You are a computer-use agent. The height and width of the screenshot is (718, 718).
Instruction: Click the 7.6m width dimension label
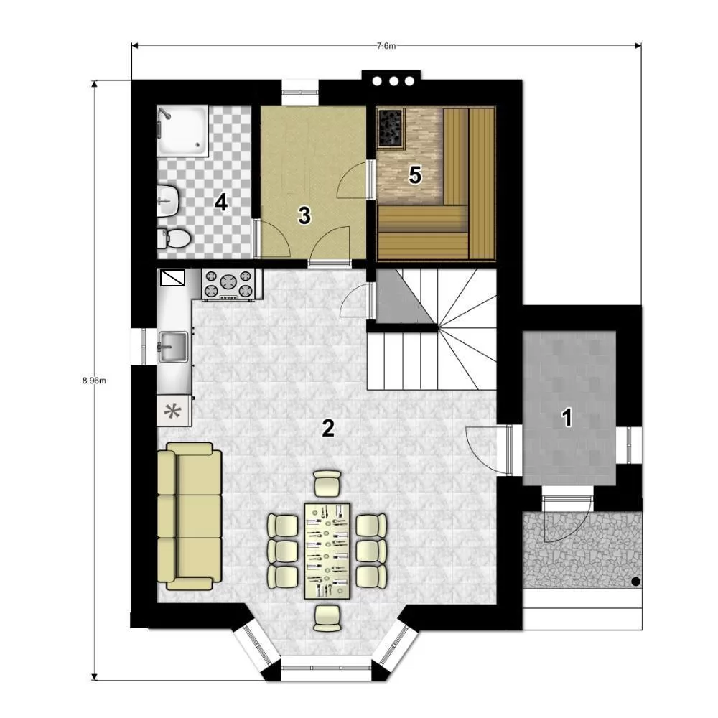[x=386, y=46]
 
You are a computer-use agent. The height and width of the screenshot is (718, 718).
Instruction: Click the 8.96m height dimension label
[x=94, y=381]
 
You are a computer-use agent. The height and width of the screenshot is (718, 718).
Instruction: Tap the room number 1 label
[x=567, y=418]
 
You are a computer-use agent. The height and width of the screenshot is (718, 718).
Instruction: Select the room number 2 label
[x=328, y=428]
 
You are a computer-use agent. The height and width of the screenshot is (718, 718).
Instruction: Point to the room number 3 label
[x=304, y=215]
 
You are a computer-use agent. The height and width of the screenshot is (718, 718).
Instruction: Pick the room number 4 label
[x=221, y=202]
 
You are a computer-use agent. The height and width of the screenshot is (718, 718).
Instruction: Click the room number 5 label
[x=415, y=175]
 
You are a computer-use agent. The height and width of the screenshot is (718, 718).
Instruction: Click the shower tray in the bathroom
[x=182, y=130]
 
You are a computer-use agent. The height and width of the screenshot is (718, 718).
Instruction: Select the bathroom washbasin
[x=167, y=200]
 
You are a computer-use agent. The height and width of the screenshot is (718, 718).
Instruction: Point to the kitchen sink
[x=172, y=347]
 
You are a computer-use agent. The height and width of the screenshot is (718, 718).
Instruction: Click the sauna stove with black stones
[x=390, y=129]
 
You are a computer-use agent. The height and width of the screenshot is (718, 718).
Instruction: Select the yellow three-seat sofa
[x=189, y=516]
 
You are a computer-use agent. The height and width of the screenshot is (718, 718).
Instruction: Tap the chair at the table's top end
[x=328, y=483]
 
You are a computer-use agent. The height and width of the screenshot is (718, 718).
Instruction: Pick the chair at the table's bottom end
[x=328, y=618]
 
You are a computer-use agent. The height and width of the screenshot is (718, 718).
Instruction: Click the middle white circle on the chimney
[x=393, y=81]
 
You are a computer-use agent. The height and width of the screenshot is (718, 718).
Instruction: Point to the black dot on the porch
[x=635, y=582]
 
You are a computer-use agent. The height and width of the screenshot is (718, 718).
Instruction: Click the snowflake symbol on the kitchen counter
[x=172, y=411]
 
